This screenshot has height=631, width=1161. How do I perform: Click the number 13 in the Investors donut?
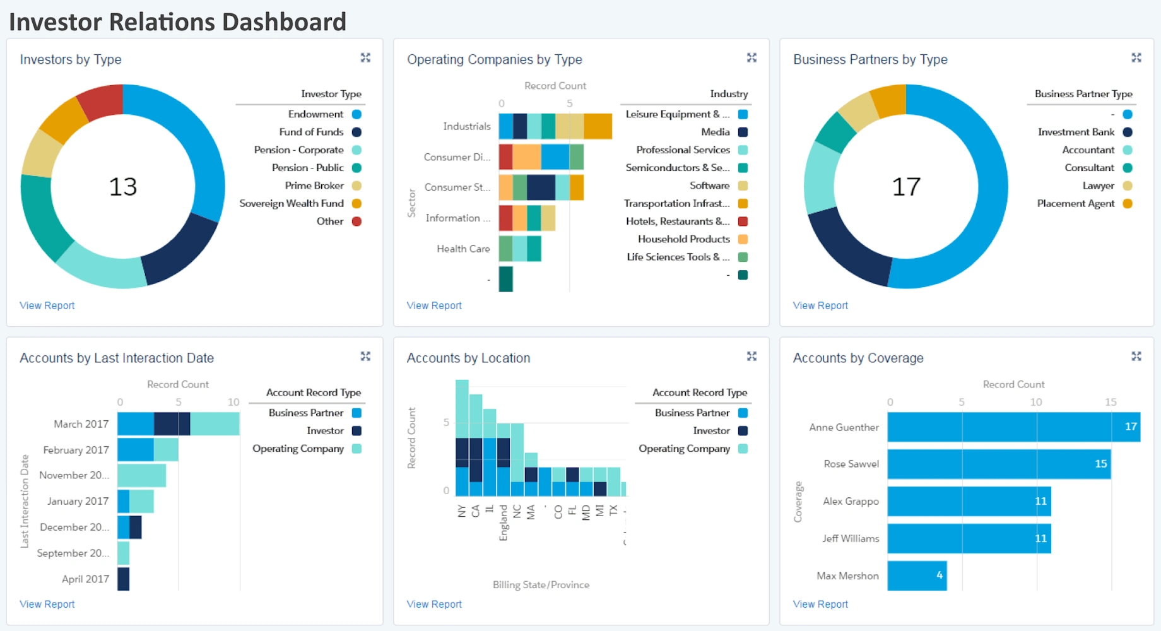click(x=122, y=187)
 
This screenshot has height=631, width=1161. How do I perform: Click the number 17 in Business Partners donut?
click(x=905, y=187)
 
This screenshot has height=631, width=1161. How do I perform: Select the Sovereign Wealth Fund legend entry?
click(x=292, y=203)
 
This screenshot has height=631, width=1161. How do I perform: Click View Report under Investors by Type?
click(x=47, y=305)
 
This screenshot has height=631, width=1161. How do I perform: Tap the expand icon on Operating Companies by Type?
click(x=751, y=58)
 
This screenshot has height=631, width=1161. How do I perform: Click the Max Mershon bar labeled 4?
click(x=916, y=575)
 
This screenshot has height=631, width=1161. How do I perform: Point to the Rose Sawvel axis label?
click(x=851, y=464)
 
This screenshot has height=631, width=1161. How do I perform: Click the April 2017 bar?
click(x=123, y=579)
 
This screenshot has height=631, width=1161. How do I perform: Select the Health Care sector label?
click(x=463, y=249)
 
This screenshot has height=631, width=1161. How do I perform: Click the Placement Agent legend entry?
click(x=1076, y=203)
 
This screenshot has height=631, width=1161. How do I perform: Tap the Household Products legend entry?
click(x=684, y=239)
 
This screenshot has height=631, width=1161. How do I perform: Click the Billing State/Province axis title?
click(x=541, y=585)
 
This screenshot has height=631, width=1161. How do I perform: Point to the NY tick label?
click(x=462, y=511)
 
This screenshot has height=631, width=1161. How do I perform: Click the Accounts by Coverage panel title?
click(x=858, y=358)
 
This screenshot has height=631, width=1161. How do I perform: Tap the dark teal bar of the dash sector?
click(x=505, y=279)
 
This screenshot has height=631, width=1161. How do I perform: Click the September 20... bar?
click(x=123, y=553)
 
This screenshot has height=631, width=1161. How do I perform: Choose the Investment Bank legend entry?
click(x=1076, y=132)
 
